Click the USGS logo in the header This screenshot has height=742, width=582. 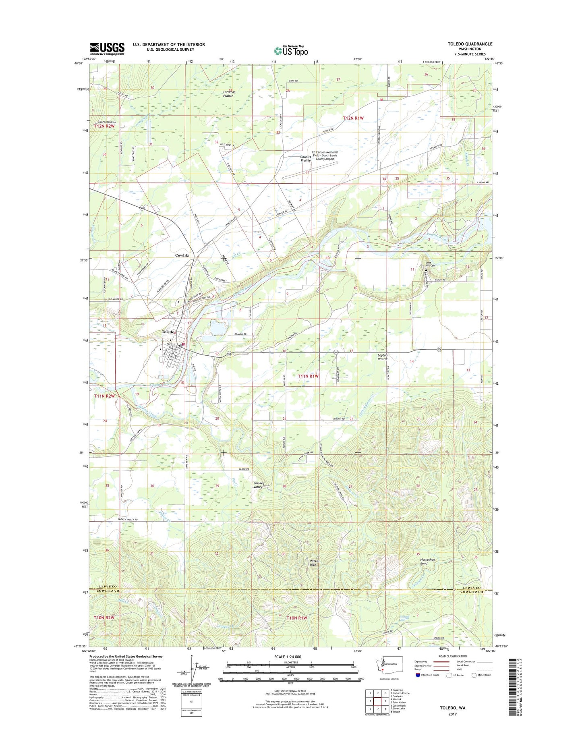tap(107, 48)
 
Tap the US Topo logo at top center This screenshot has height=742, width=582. tap(291, 50)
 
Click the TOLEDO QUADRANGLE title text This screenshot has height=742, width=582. tap(470, 44)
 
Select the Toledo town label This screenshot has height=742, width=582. tap(168, 332)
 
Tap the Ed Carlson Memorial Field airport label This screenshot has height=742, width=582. tap(325, 155)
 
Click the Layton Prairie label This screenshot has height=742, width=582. tap(382, 357)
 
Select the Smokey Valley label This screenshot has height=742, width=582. tap(259, 485)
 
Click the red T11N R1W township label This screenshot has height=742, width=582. tap(308, 376)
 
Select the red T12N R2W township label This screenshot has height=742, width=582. tap(104, 126)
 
